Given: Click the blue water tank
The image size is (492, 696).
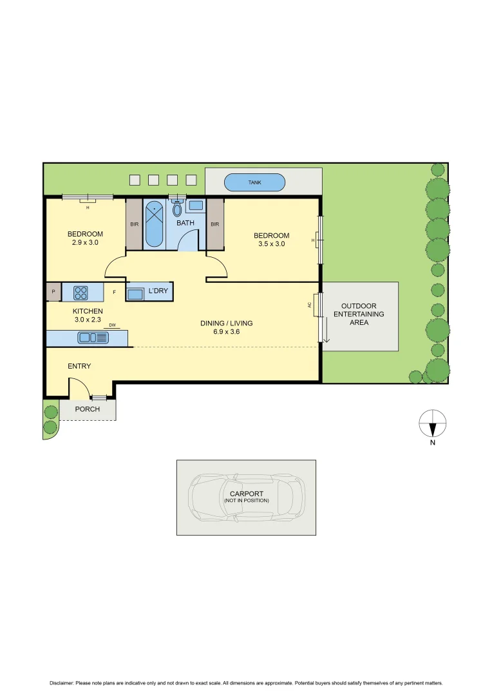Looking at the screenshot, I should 255,182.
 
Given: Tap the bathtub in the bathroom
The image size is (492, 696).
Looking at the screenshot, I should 154,224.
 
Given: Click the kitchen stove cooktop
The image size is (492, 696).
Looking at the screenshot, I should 81,293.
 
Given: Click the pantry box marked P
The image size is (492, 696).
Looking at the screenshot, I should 53,292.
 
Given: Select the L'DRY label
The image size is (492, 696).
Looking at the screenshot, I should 158,291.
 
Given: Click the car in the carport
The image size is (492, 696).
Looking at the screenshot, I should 246,498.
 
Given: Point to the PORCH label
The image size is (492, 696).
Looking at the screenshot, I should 87,409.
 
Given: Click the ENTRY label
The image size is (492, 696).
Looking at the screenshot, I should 79,366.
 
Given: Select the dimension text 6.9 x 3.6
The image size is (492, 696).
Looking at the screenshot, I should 226,332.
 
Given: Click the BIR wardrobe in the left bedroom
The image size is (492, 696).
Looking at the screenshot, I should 134,224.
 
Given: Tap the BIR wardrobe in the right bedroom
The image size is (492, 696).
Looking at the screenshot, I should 214,224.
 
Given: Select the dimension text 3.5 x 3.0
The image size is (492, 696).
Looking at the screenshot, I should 271,244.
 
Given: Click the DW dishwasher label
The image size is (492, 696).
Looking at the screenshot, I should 112,325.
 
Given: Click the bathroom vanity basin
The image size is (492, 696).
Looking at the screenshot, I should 196,206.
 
